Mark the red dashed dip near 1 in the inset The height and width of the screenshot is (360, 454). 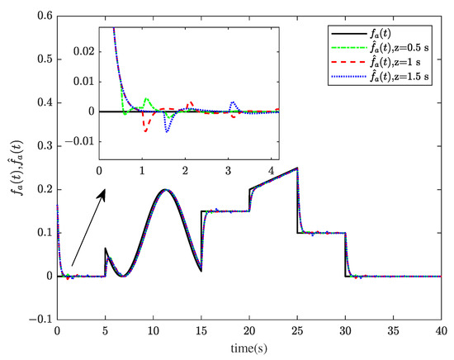tap(145, 130)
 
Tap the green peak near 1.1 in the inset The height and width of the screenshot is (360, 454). tap(147, 99)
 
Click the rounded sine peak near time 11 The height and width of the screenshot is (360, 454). tap(165, 189)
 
